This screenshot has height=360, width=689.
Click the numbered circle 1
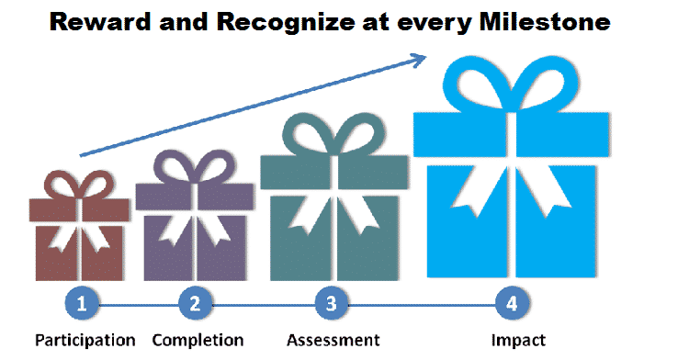pos(82,302)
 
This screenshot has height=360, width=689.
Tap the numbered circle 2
pos(195,302)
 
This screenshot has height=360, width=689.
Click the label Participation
pos(85,341)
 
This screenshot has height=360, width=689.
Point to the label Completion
pos(198,341)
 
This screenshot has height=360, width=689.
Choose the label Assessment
pos(333,341)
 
